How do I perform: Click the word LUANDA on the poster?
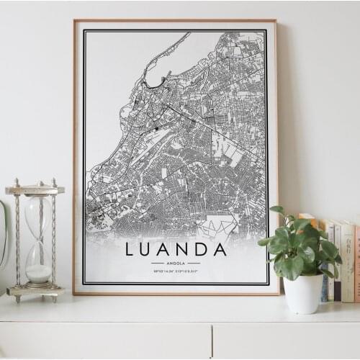pos(176,249)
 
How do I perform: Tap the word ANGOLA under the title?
pos(176,264)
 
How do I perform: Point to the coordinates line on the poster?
pos(176,271)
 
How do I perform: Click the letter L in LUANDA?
pos(130,249)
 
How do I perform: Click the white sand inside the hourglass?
pos(38,273)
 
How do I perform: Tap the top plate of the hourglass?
pos(35,190)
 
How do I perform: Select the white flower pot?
pos(303,293)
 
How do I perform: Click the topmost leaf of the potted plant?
pos(277,210)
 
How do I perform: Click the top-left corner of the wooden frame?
pos(75,21)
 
